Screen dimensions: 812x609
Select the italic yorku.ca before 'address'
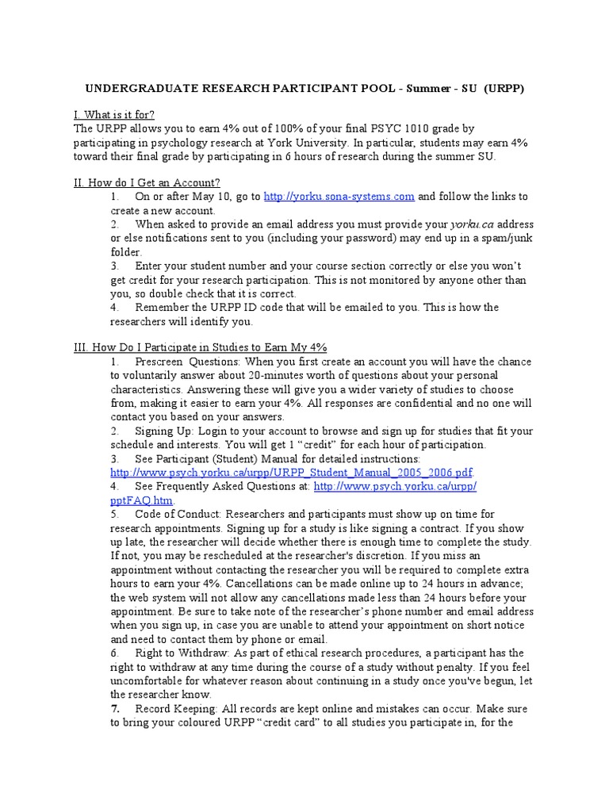(472, 224)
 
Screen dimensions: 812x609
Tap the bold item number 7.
(115, 708)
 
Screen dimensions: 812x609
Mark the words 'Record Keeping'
(174, 708)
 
